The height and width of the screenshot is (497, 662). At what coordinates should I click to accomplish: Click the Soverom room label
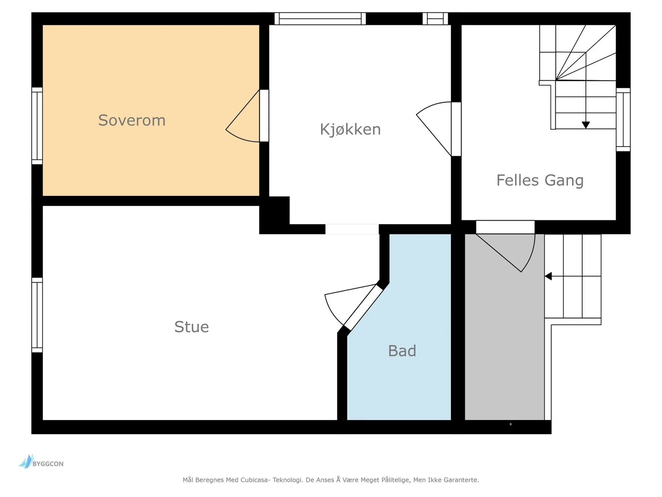(x=132, y=121)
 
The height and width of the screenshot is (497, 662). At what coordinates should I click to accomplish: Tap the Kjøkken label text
(x=350, y=130)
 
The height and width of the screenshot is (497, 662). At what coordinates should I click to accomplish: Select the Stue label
(x=192, y=327)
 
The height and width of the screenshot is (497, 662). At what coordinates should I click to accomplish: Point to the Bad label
(x=402, y=351)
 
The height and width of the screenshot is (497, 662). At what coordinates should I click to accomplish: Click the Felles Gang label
(x=540, y=181)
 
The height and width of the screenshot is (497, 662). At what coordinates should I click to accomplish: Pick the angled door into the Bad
(x=363, y=308)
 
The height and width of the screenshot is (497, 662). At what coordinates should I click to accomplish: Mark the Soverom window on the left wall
(x=37, y=126)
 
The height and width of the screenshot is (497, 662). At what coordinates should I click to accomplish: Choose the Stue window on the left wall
(x=37, y=315)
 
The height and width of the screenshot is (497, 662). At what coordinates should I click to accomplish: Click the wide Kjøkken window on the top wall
(x=320, y=19)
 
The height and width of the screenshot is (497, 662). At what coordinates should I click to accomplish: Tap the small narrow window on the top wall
(x=435, y=19)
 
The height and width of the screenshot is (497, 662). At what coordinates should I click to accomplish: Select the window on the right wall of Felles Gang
(x=623, y=120)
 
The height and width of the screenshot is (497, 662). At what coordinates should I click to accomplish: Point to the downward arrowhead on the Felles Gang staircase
(x=586, y=125)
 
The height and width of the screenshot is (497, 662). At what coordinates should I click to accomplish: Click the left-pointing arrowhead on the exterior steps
(x=548, y=276)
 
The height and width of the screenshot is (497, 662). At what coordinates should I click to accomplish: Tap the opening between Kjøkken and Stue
(x=352, y=229)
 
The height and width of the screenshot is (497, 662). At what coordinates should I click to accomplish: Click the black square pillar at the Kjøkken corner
(x=274, y=215)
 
